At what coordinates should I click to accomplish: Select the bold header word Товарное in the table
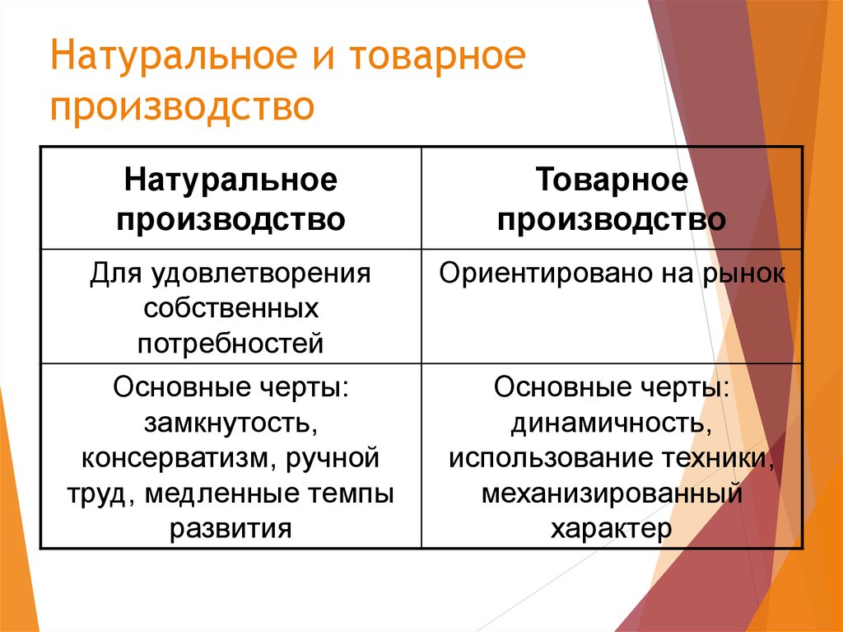pos(612,180)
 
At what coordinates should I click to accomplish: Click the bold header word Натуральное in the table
pos(231,180)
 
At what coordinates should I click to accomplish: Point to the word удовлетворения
pos(260,274)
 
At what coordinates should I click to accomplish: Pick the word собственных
pos(231,308)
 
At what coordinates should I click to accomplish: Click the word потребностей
pos(231,344)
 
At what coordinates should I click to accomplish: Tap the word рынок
pos(743,274)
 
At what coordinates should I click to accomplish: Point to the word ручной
pos(333,459)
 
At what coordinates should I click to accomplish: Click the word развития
pos(231,529)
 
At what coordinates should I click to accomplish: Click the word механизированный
pos(612,494)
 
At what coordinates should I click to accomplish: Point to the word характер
pos(612,529)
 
